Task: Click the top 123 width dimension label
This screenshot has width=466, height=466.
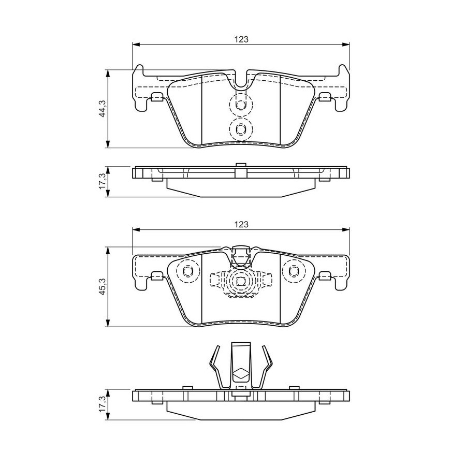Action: tap(241, 39)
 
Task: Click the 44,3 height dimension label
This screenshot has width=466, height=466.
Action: tap(103, 109)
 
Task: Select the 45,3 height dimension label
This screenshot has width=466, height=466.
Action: tap(103, 287)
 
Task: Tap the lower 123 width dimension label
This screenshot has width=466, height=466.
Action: tap(241, 224)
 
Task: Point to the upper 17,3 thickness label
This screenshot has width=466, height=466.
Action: tap(103, 182)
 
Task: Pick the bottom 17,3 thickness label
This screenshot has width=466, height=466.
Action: tap(103, 404)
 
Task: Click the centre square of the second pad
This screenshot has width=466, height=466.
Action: tap(241, 281)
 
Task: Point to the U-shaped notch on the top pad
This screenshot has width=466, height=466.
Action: tap(241, 87)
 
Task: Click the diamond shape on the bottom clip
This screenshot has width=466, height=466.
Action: tap(241, 374)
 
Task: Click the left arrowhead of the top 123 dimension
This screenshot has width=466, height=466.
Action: tap(136, 45)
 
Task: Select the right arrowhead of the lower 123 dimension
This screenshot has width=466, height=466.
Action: tap(346, 229)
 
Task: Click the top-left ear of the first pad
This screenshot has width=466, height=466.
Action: tap(138, 71)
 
